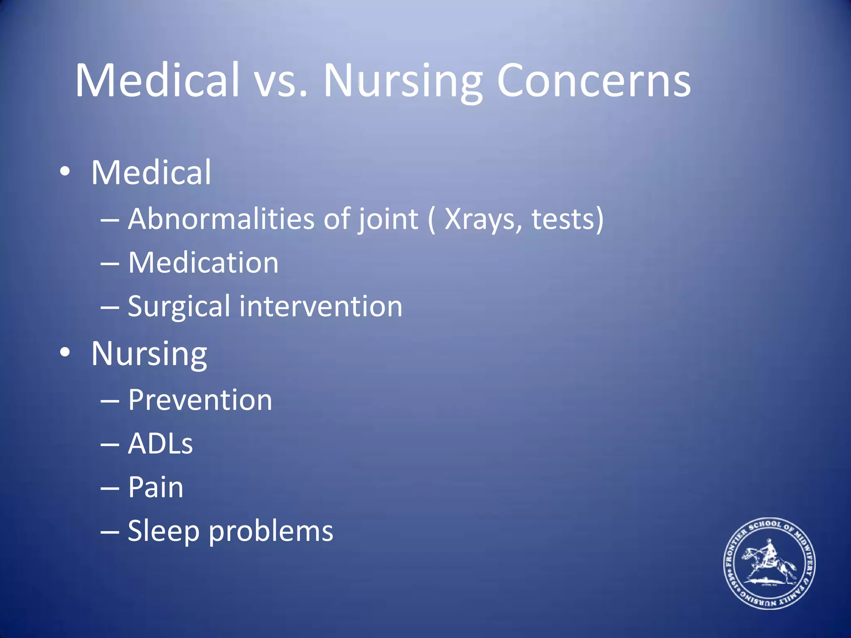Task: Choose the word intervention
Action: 320,307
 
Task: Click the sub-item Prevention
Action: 200,400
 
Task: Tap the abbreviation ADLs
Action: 160,444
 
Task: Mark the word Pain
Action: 155,487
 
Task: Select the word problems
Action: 271,531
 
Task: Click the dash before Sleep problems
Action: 110,532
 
